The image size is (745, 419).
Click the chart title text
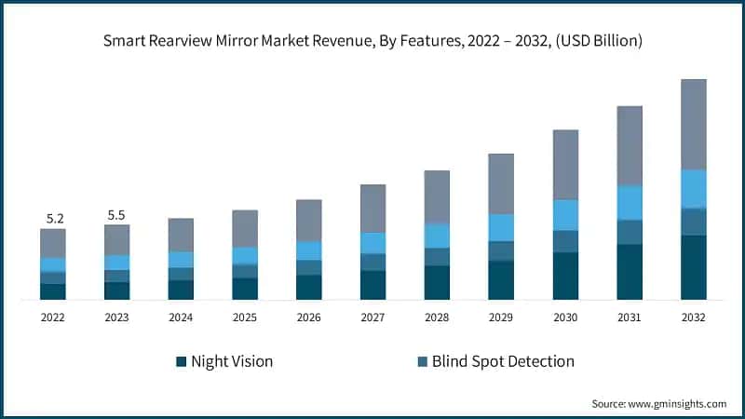[x=372, y=41]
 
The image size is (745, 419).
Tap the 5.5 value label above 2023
[x=116, y=215]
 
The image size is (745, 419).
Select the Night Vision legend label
[x=231, y=361]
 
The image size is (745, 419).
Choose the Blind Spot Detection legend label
[x=503, y=361]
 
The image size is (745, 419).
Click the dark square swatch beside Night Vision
[x=181, y=361]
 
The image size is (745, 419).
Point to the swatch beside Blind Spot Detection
[x=422, y=361]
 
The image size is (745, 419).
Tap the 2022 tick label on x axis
[x=52, y=318]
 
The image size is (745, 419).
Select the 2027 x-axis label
[x=372, y=318]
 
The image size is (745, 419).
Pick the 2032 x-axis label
[x=693, y=318]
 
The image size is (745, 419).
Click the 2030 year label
[x=565, y=318]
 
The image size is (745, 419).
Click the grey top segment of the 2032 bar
[x=693, y=124]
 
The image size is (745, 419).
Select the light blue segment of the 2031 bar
[x=630, y=202]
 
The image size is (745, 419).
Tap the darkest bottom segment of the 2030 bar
[x=565, y=276]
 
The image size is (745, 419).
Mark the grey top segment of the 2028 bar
[x=437, y=196]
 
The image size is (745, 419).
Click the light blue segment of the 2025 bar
[x=245, y=255]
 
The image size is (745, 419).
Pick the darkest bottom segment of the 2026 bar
[x=309, y=287]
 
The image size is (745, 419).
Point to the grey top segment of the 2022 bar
[x=52, y=243]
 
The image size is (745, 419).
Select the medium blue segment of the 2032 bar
[x=693, y=222]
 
